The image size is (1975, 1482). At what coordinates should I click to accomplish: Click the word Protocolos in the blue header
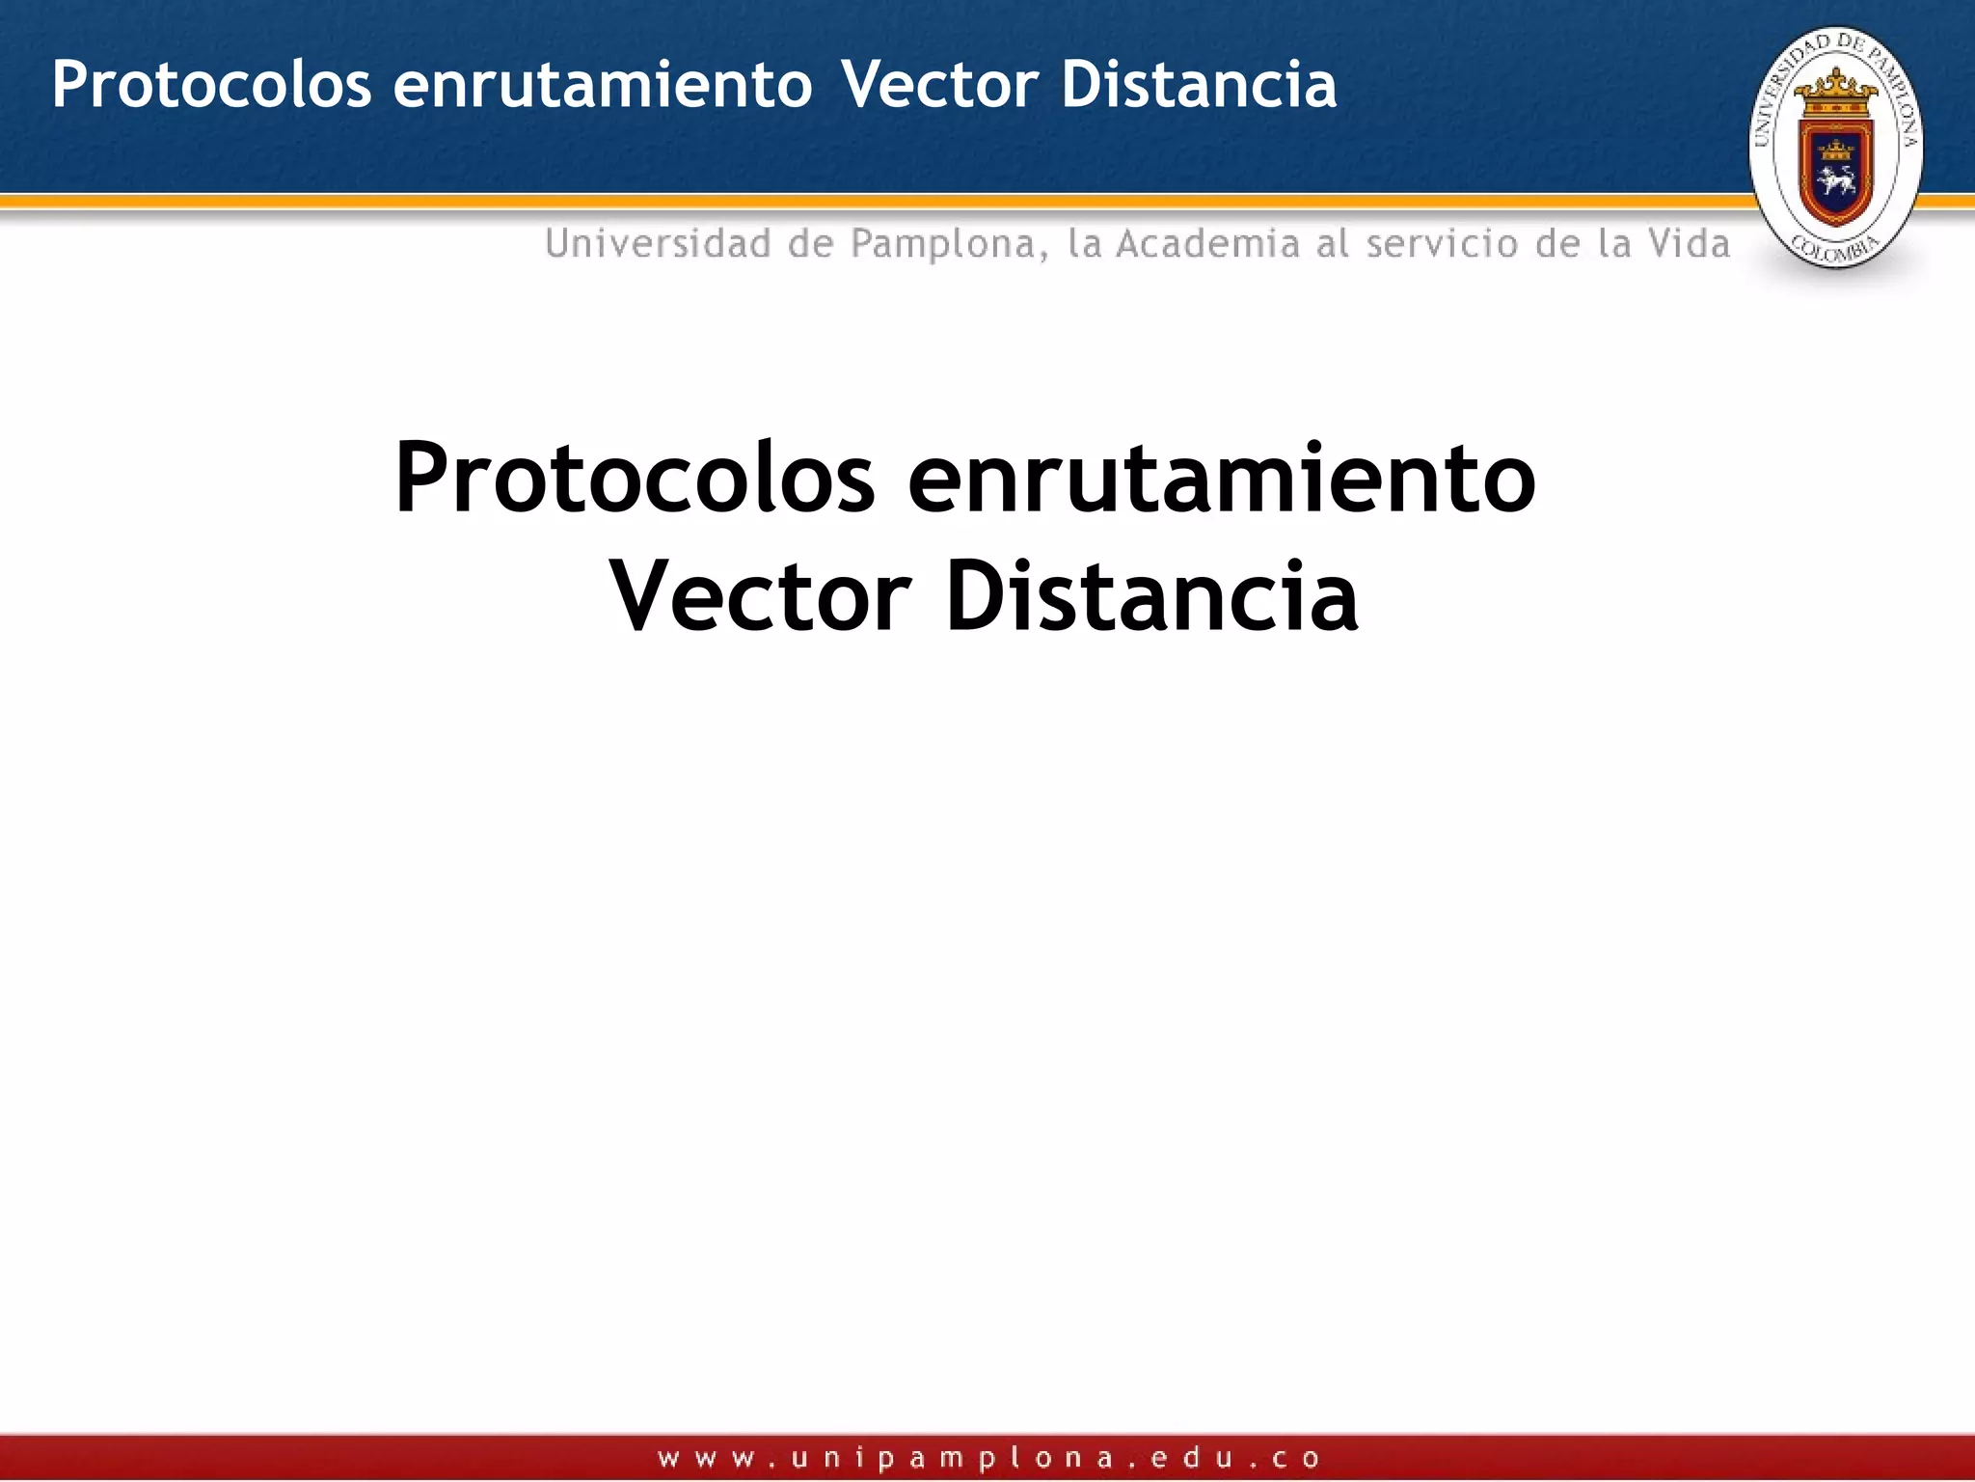(x=211, y=85)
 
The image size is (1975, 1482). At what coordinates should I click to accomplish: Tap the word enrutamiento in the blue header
(x=603, y=85)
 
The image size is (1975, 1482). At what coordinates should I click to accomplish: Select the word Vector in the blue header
(x=940, y=85)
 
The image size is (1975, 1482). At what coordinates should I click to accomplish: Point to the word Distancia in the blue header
(x=1199, y=85)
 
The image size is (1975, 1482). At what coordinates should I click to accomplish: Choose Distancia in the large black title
(x=1152, y=598)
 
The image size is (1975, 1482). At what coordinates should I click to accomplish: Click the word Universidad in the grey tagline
(x=658, y=244)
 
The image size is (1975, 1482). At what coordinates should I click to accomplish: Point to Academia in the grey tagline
(x=1208, y=244)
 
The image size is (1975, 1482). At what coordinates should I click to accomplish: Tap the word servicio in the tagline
(x=1442, y=244)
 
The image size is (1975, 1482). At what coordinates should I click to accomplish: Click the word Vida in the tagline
(x=1689, y=244)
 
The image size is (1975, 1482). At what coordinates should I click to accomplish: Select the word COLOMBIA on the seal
(x=1835, y=250)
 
